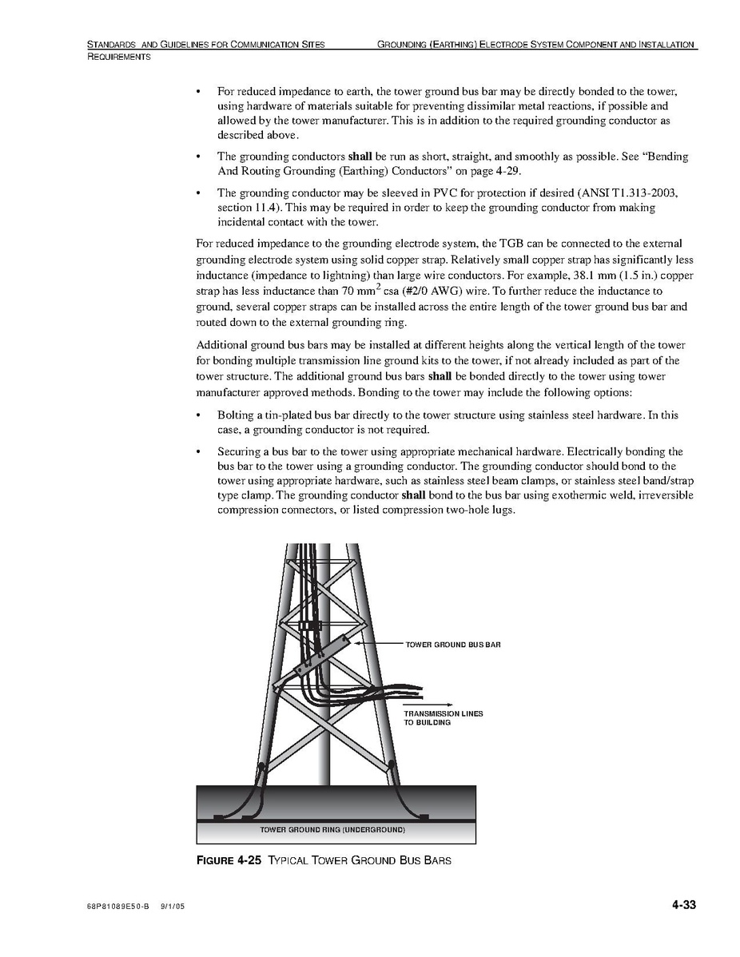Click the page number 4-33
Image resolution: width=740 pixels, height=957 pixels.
click(683, 905)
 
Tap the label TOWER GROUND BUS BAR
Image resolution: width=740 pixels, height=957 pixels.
click(452, 644)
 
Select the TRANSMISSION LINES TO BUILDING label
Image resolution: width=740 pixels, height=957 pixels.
click(443, 717)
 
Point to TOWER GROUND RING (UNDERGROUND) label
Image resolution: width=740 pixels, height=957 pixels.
click(332, 831)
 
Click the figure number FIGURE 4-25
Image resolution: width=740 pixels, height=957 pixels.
click(229, 860)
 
